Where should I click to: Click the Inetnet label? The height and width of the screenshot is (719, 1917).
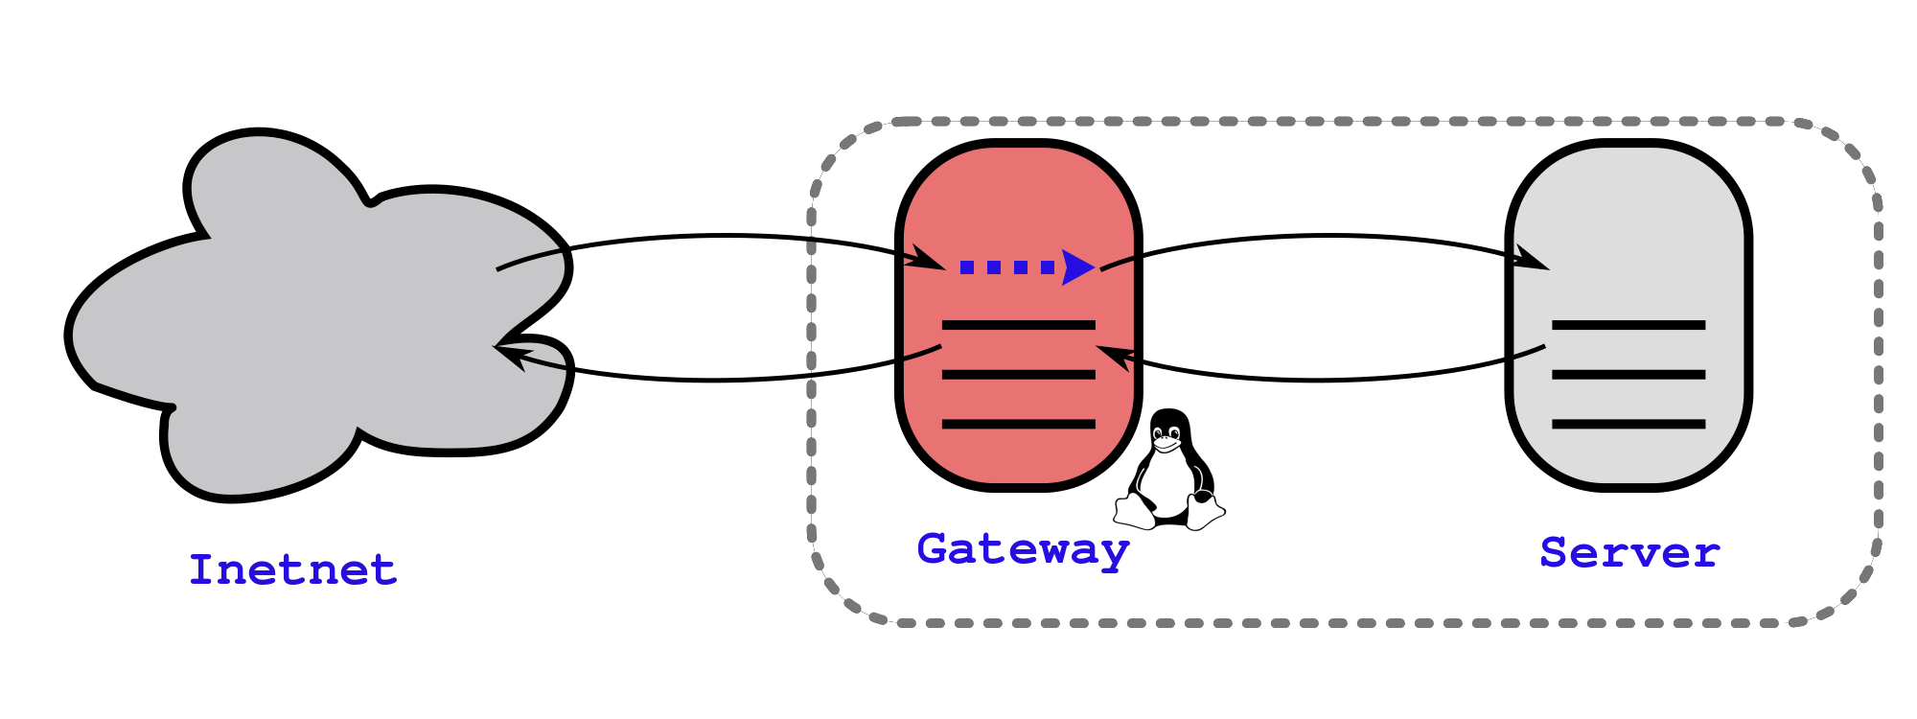click(x=292, y=569)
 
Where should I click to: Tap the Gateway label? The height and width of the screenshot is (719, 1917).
click(x=1023, y=549)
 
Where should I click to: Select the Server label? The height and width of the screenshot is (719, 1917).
click(x=1629, y=553)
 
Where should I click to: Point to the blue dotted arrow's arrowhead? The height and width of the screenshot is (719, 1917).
click(x=1078, y=267)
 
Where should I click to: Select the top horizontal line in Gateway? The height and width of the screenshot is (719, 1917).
click(x=1018, y=325)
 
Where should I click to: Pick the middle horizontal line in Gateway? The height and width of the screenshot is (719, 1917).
click(x=1018, y=374)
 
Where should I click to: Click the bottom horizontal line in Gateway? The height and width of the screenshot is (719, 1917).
click(x=1018, y=423)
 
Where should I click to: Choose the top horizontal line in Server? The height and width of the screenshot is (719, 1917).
click(x=1628, y=325)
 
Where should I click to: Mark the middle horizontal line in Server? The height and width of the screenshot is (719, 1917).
click(x=1628, y=374)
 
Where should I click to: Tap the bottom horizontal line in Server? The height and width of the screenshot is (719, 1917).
click(x=1628, y=423)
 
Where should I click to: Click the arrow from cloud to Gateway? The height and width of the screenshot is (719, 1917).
click(x=719, y=236)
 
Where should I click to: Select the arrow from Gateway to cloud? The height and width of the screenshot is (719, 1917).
click(x=719, y=381)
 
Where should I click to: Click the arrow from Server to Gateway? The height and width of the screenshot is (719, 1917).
click(x=1323, y=381)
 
